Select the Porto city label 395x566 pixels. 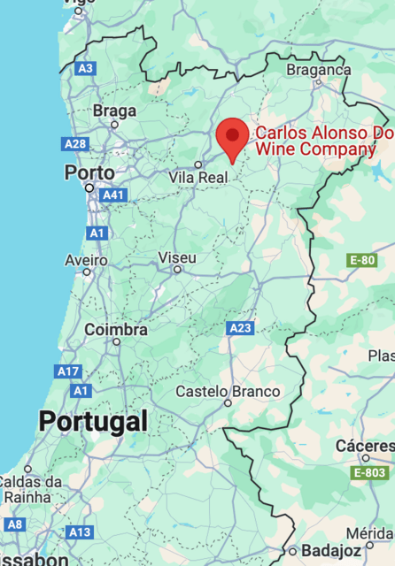pyautogui.click(x=89, y=172)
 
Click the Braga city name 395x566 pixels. pyautogui.click(x=114, y=111)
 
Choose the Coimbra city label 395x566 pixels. pyautogui.click(x=115, y=330)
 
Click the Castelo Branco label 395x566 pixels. pyautogui.click(x=228, y=392)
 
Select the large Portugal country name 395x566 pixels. pyautogui.click(x=92, y=421)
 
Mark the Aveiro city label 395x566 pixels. pyautogui.click(x=86, y=260)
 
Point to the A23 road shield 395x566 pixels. pyautogui.click(x=240, y=328)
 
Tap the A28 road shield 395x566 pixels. pyautogui.click(x=75, y=143)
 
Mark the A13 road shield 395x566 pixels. pyautogui.click(x=80, y=532)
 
